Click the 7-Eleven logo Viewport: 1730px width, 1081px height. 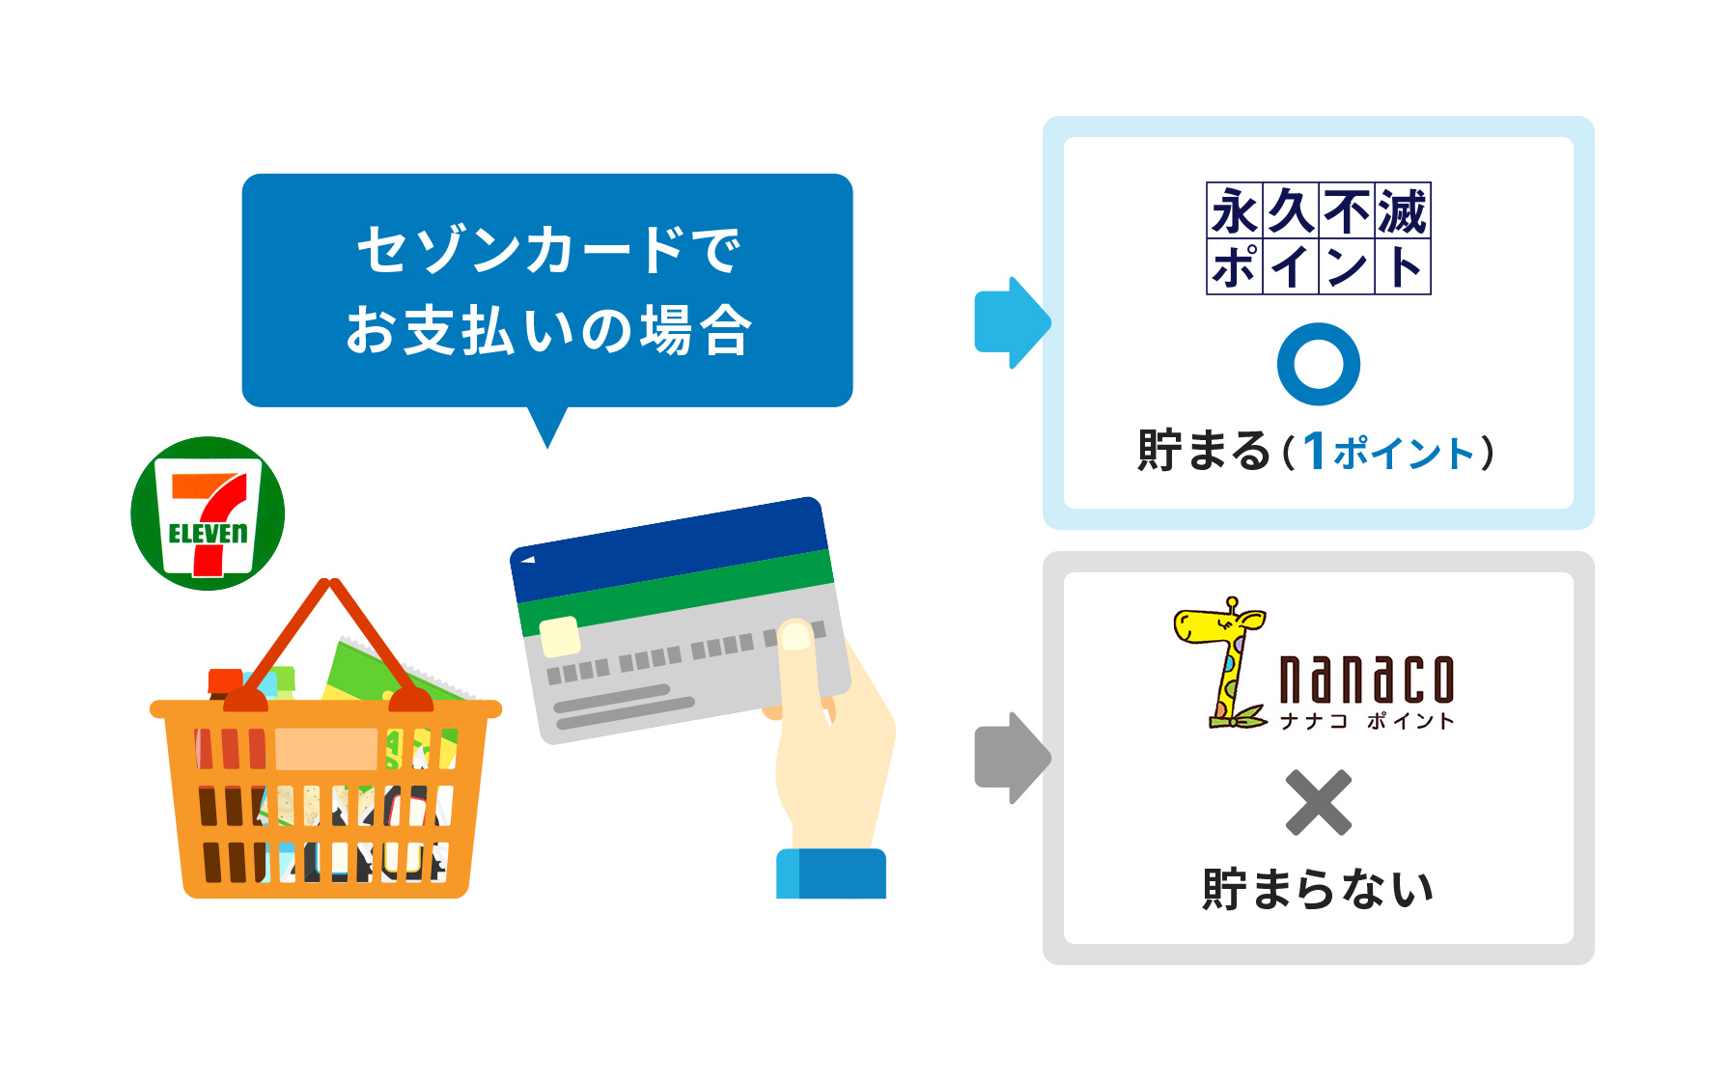tap(208, 513)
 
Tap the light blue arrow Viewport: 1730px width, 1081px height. tap(1011, 322)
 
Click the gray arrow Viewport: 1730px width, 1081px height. tap(1011, 758)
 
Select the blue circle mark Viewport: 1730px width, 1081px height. tap(1318, 364)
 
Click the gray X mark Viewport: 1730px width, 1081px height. tap(1318, 802)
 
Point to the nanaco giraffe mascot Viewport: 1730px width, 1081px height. tap(1222, 662)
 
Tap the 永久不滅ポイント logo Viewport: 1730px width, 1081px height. tap(1318, 237)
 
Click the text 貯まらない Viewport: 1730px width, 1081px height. tap(1318, 888)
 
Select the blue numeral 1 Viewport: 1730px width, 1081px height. tap(1314, 451)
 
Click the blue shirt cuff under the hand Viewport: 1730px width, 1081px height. tap(830, 873)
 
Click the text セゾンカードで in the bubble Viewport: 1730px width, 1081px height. tap(547, 251)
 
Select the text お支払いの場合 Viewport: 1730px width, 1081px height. tap(547, 330)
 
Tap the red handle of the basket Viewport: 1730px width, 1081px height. tap(290, 637)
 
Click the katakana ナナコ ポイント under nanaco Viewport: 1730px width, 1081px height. tap(1365, 721)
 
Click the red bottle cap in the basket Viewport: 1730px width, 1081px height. tap(226, 681)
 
